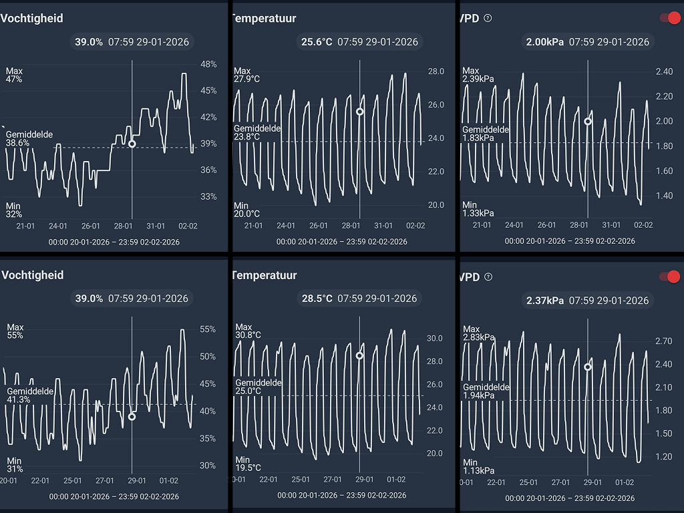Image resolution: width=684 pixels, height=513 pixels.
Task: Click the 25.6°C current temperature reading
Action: coord(317,42)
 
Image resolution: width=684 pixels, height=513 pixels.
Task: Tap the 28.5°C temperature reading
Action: coord(317,299)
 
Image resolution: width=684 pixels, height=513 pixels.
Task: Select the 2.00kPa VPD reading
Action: coord(545,42)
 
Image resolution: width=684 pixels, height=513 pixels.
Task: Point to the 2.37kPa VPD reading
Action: coord(545,301)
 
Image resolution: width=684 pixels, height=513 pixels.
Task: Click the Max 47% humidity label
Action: coord(14,75)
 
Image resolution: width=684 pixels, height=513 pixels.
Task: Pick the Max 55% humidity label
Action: coord(15,331)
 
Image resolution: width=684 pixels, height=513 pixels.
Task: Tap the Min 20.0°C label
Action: coord(246,210)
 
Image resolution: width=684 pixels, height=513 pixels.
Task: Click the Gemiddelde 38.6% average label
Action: coord(29,139)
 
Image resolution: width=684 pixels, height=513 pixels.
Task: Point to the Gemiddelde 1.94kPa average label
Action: coord(486,391)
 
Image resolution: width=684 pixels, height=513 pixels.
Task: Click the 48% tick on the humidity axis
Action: coord(208,64)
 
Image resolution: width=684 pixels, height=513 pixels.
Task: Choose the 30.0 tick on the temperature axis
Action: coord(435,339)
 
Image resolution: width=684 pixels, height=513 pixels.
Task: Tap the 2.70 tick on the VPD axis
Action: coord(664,341)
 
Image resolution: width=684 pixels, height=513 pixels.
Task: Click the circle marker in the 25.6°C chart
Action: coord(360,112)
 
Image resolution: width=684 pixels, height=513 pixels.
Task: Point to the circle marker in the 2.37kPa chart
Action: coord(588,367)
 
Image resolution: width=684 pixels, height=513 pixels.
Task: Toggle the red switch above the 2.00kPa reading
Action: coord(669,18)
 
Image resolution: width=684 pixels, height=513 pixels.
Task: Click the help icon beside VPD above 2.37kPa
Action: coord(488,277)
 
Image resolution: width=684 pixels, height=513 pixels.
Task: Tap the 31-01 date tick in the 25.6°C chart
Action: coord(383,226)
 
